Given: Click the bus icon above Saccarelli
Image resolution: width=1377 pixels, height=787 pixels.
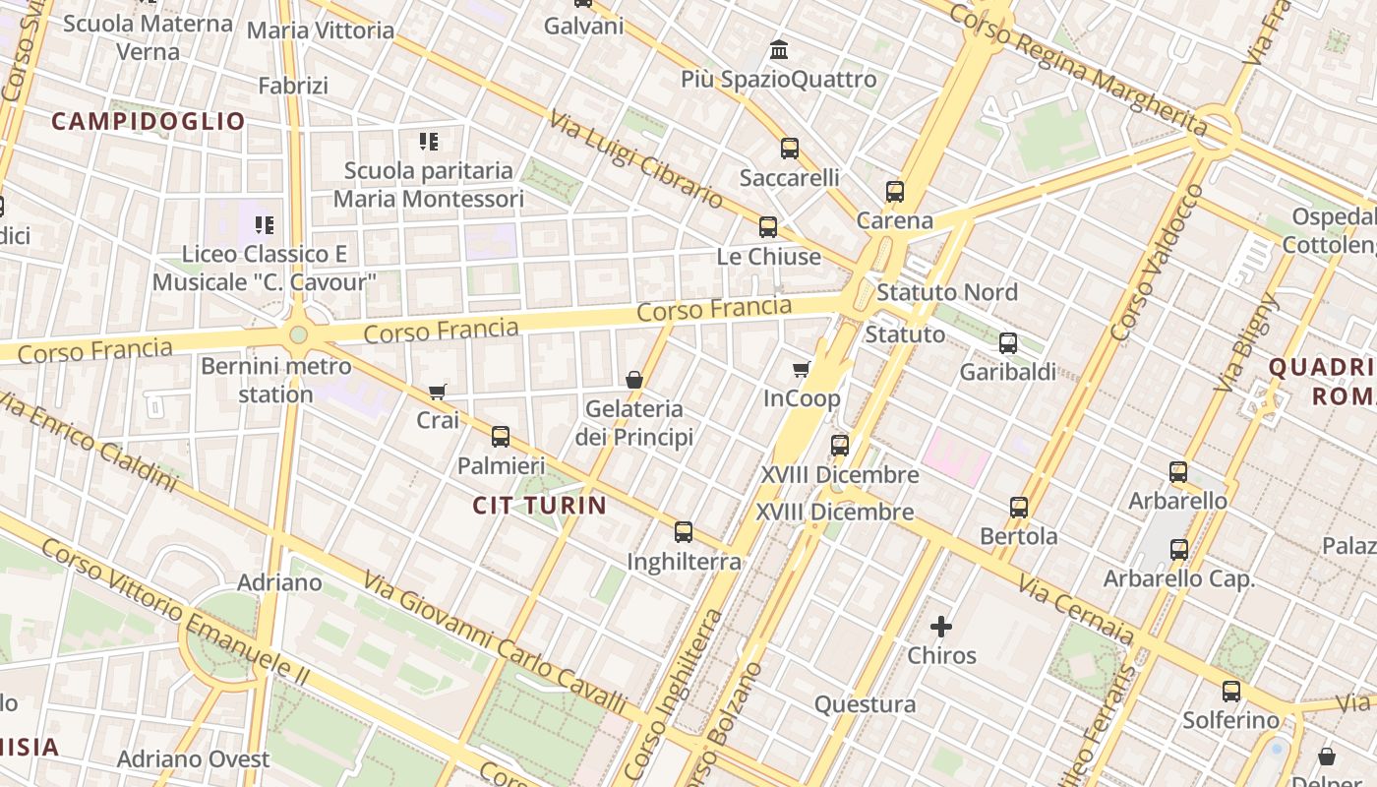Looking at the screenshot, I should pos(790,149).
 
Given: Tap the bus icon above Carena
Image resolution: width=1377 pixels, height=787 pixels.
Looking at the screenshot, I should pos(895,192).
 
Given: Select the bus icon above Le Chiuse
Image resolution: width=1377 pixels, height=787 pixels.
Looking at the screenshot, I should pos(768,227).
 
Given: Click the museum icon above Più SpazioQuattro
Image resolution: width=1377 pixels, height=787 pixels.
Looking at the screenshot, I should pos(780,49).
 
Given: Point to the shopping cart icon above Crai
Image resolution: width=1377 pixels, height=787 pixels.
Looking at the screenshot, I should pos(438,392).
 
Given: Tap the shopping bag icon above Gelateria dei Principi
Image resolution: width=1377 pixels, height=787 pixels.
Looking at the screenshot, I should pos(634,379).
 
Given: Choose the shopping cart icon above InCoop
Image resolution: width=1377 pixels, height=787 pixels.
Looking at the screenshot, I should pos(802,370).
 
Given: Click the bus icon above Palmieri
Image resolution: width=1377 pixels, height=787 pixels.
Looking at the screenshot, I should pos(501,437).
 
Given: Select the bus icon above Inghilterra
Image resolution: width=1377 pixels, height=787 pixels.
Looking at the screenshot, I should pos(684,532).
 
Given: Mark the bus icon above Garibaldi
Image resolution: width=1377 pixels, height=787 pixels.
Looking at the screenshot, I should pos(1008,343).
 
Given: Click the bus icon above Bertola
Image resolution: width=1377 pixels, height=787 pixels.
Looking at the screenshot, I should pos(1019,508).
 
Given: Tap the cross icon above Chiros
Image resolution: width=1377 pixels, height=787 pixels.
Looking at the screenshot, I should pos(941,626).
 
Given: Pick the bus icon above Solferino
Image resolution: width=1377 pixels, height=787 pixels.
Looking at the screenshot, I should pos(1231,692).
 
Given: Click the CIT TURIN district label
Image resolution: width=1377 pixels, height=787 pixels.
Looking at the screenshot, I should pos(539,506).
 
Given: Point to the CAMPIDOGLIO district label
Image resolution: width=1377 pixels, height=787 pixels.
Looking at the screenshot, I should pos(148,121).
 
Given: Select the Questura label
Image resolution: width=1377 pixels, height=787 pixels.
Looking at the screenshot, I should pos(866,704).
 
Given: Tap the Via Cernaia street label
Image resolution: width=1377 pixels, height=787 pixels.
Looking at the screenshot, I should pos(1076,609).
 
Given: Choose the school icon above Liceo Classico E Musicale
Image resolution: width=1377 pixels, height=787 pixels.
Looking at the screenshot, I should pos(265,225).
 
